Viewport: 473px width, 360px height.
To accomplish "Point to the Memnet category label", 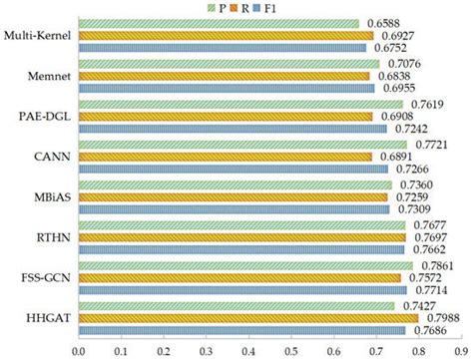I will pyautogui.click(x=49, y=76).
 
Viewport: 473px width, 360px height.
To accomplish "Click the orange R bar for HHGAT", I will pyautogui.click(x=248, y=316).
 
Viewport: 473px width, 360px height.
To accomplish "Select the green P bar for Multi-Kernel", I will pyautogui.click(x=219, y=23).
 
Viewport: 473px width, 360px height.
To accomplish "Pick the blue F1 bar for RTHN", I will pyautogui.click(x=240, y=249).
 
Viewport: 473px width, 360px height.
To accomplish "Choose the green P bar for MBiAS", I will pyautogui.click(x=235, y=183).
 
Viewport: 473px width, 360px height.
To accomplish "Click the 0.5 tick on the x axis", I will pyautogui.click(x=291, y=349).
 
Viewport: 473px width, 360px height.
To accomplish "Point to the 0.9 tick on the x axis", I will pyautogui.click(x=460, y=349).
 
